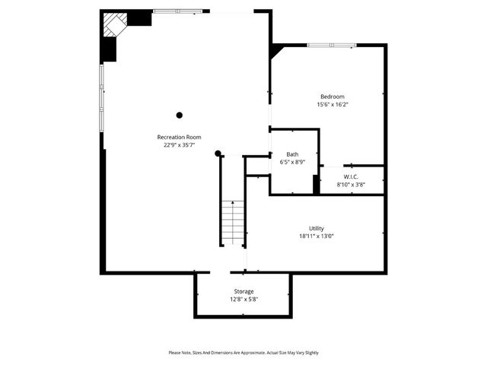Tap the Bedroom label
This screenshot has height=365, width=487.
pyautogui.click(x=332, y=97)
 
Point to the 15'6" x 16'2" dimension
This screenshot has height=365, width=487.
pyautogui.click(x=332, y=104)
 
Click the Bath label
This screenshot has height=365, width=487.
pyautogui.click(x=292, y=154)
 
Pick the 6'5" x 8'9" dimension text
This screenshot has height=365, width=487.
pyautogui.click(x=292, y=162)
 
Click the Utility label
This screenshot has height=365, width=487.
pyautogui.click(x=317, y=228)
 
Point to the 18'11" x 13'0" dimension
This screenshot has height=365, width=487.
pyautogui.click(x=317, y=236)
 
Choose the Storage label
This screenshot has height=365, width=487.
pyautogui.click(x=243, y=291)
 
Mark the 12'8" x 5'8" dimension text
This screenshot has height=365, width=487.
pyautogui.click(x=243, y=299)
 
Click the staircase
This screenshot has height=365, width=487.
pyautogui.click(x=233, y=223)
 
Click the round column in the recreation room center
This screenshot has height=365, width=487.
pyautogui.click(x=180, y=116)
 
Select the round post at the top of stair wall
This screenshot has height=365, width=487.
pyautogui.click(x=218, y=154)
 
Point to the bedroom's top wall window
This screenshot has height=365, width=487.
pyautogui.click(x=331, y=45)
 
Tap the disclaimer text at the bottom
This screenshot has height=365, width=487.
pyautogui.click(x=243, y=353)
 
